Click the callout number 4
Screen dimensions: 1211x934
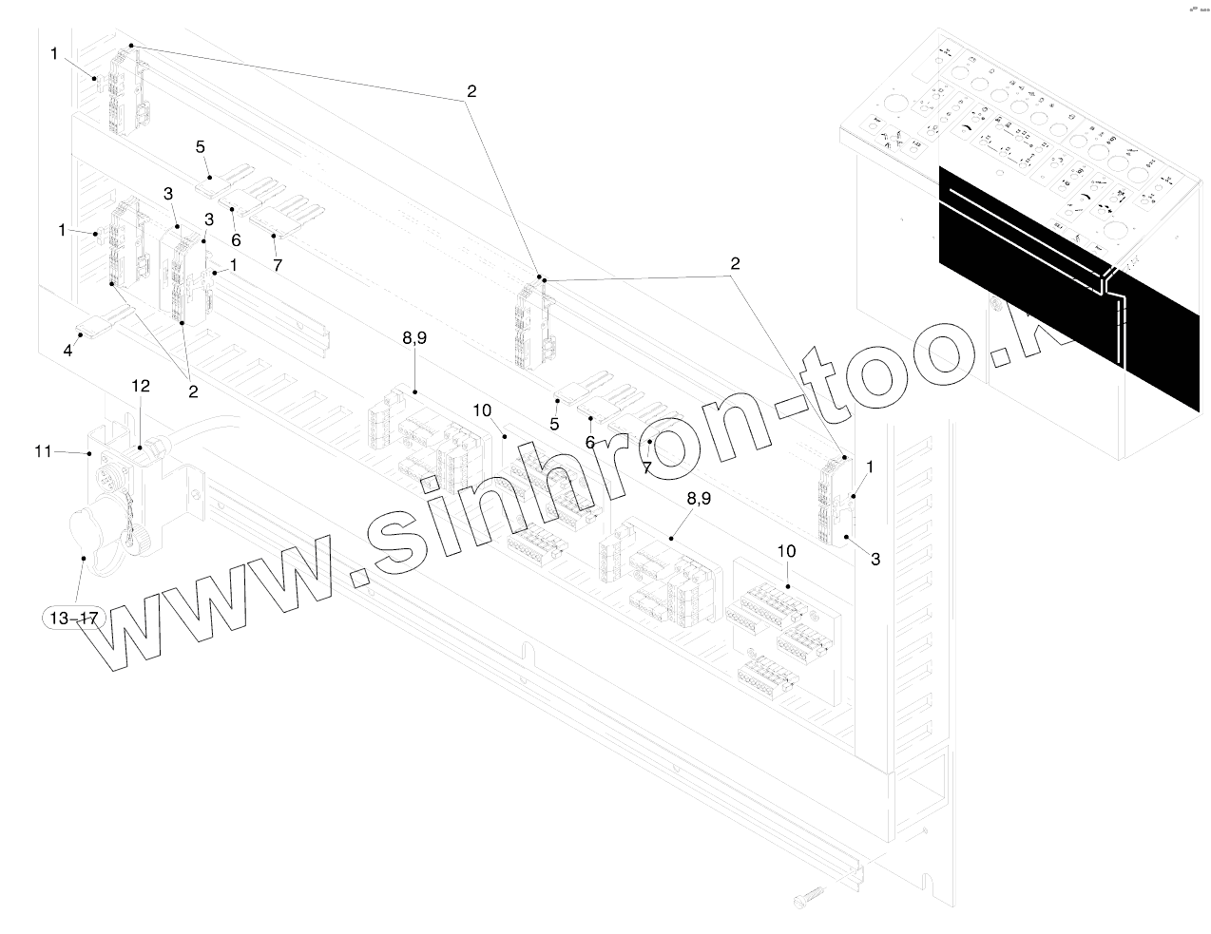tap(67, 351)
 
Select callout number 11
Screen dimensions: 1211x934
tap(43, 452)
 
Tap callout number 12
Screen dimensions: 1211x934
tap(141, 387)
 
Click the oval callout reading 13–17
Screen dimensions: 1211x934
tap(73, 619)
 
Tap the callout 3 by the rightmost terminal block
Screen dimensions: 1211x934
tap(875, 560)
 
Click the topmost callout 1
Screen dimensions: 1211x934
tap(54, 54)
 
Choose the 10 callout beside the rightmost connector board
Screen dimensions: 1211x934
tap(786, 551)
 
